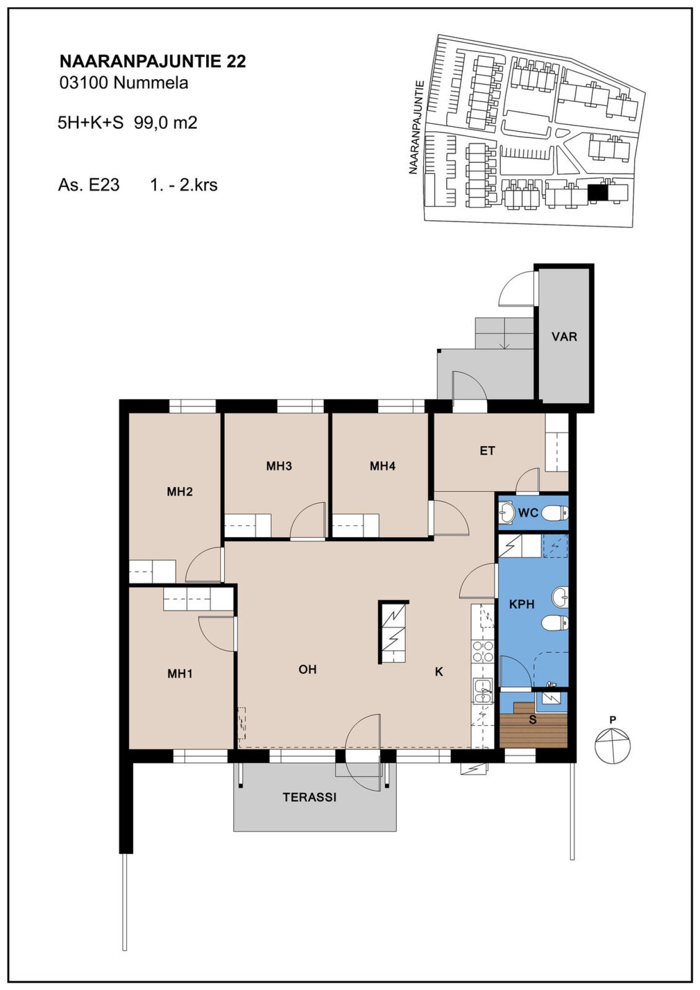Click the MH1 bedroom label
point(180,674)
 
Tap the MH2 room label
point(180,492)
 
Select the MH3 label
point(279,466)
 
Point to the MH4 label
point(383,466)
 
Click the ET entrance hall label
point(487,451)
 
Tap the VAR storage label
point(564,336)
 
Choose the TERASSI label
point(310,797)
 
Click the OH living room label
point(307,670)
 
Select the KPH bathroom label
point(522,604)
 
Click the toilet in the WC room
point(555,512)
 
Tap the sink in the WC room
point(507,512)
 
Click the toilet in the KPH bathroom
point(555,622)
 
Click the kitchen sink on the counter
point(483,691)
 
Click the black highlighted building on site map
point(597,193)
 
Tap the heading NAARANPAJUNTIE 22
point(153,61)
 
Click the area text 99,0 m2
point(166,122)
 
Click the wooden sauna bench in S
point(533,728)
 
